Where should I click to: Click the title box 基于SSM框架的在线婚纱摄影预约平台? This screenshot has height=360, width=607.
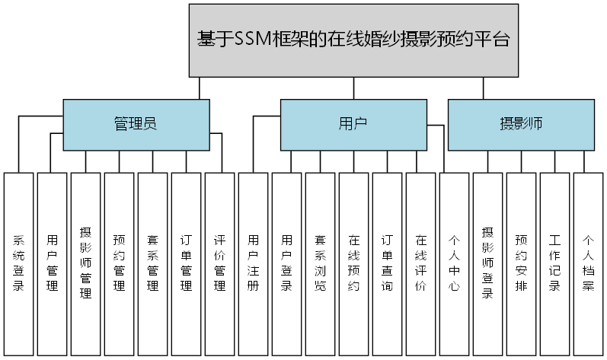coord(353,40)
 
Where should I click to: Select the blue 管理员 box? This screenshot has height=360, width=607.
coord(136,124)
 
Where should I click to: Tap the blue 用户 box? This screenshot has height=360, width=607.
coord(353,124)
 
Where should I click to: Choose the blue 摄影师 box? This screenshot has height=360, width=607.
coord(521,124)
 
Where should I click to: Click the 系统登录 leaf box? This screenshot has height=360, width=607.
coord(18,263)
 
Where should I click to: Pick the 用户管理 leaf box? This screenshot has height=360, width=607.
coord(52,263)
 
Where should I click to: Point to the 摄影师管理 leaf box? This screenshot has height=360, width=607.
coord(85,263)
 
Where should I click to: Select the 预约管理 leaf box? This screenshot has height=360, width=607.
coord(119,263)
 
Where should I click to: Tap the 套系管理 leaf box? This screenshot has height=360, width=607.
coord(152,263)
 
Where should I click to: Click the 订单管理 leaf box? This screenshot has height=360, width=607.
coord(186,263)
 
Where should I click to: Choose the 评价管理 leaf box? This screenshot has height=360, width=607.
coord(219,263)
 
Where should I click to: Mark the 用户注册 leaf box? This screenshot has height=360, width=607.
coord(253,263)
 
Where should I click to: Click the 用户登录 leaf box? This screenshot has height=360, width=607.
coord(286,263)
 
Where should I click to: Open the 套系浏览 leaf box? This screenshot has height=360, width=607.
coord(320,263)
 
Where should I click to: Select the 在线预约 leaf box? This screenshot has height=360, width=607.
coord(353,263)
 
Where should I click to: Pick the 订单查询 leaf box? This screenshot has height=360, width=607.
coord(387,263)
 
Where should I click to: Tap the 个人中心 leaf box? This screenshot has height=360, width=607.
coord(454,263)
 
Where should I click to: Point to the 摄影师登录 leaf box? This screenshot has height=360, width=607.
coord(487,263)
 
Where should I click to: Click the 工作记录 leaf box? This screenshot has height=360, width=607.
coord(554,263)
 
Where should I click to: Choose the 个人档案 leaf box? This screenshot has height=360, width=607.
coord(588,263)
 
